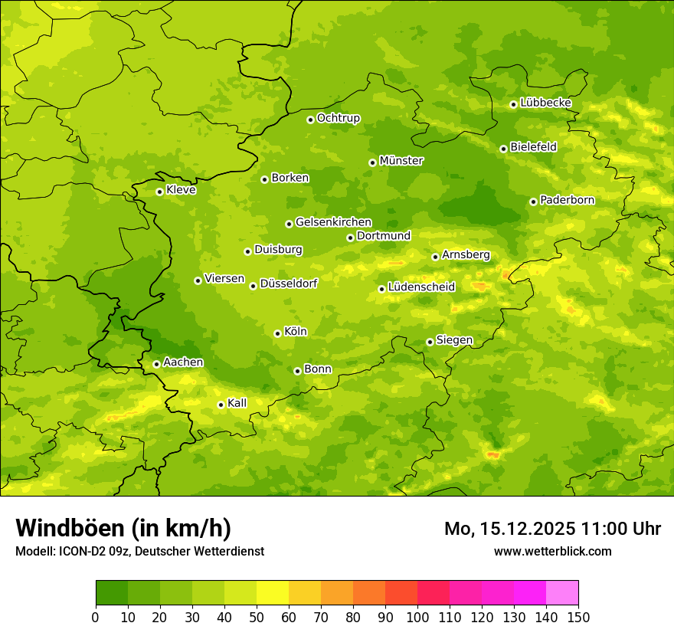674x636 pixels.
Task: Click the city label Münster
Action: [x=401, y=161]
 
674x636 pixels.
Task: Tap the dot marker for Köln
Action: [x=277, y=333]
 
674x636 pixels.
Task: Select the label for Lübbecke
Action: [x=545, y=103]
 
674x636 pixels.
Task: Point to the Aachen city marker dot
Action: [x=156, y=364]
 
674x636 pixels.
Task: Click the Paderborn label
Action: [x=567, y=200]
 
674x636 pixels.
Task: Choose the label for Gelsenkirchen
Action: [x=333, y=222]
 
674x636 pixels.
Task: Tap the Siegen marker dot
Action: [x=430, y=342]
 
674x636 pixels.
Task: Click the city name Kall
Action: [x=237, y=403]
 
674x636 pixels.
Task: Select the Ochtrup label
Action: [x=338, y=118]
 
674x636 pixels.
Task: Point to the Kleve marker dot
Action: [x=159, y=192]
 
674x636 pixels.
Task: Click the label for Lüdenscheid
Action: [x=421, y=287]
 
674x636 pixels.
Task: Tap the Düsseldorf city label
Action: [x=289, y=284]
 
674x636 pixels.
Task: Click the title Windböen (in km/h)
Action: [x=123, y=528]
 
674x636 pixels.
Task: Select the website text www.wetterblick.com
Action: [x=552, y=551]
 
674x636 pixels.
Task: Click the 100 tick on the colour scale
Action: [x=417, y=617]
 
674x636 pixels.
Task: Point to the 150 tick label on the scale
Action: [x=578, y=617]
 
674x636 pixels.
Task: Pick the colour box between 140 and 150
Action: [x=562, y=593]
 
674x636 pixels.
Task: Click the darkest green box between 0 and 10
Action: [x=112, y=593]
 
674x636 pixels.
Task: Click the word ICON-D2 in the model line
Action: [x=78, y=551]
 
